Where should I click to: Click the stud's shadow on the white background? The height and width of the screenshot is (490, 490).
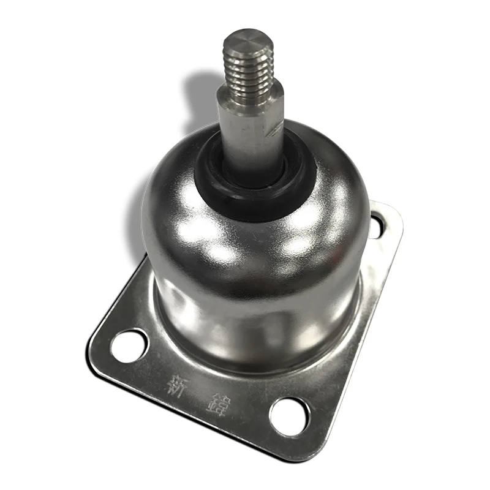click(x=202, y=92)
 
